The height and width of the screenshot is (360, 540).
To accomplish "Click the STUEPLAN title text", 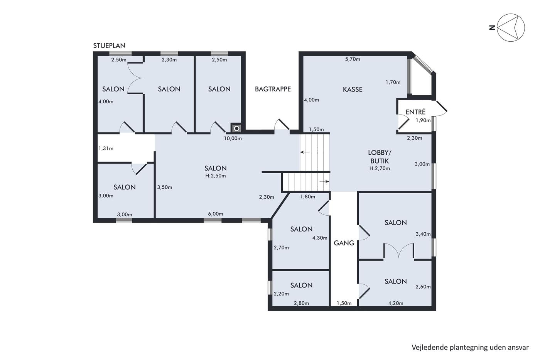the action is [x=109, y=46].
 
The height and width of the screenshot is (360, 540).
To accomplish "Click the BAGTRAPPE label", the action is [x=273, y=89].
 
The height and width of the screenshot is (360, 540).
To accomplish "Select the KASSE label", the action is [x=353, y=90].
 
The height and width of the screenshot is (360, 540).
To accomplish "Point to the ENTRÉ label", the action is [x=415, y=112].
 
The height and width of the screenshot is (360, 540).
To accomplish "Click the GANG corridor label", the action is [x=344, y=243].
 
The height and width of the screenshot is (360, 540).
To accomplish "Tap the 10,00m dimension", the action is [x=233, y=139].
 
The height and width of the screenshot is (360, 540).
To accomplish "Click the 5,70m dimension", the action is [x=353, y=59].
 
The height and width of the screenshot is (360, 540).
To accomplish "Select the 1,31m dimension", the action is [x=106, y=149].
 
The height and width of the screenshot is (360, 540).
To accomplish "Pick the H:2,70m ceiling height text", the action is [x=380, y=169].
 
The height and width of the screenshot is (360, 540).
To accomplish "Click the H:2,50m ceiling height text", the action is [x=216, y=176].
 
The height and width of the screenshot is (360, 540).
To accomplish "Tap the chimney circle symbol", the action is [x=237, y=128].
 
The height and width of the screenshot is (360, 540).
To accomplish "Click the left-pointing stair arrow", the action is [x=305, y=152].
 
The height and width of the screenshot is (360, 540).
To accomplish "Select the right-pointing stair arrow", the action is [x=324, y=182].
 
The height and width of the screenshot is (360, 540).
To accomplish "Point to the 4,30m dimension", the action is [x=320, y=238].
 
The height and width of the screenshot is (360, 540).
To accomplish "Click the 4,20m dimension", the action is [x=396, y=303].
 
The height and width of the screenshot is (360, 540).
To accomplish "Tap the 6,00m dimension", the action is [x=216, y=214].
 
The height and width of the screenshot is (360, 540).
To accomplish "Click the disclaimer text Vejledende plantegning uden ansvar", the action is [x=470, y=348].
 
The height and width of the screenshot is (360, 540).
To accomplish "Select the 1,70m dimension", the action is [x=393, y=83].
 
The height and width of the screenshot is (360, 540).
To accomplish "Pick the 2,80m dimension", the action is [x=301, y=303].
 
